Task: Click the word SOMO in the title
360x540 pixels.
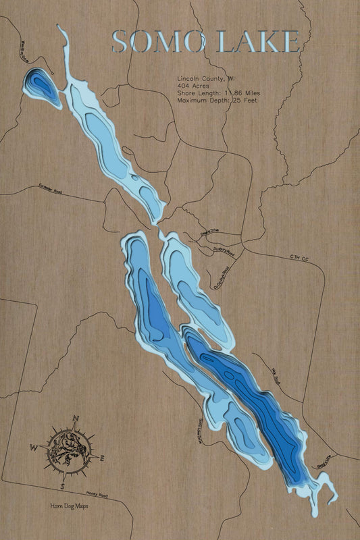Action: [x=159, y=42]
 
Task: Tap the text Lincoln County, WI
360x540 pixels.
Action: [x=206, y=78]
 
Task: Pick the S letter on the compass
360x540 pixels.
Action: [x=62, y=486]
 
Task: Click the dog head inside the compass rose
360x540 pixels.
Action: [x=68, y=451]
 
